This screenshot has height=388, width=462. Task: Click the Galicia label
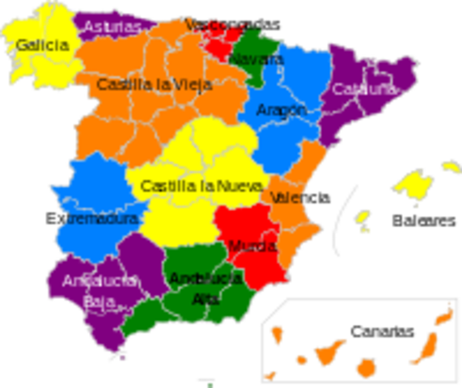[41, 44]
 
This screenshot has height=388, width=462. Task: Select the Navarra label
[256, 60]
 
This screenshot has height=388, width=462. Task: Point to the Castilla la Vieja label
[155, 84]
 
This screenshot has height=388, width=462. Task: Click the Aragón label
[281, 110]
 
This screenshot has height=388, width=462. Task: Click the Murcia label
[252, 246]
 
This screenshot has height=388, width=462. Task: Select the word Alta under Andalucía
[206, 299]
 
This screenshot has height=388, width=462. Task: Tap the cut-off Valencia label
[286, 197]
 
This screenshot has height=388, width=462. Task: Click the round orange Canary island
[367, 367]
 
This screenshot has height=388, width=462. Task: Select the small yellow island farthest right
[451, 165]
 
